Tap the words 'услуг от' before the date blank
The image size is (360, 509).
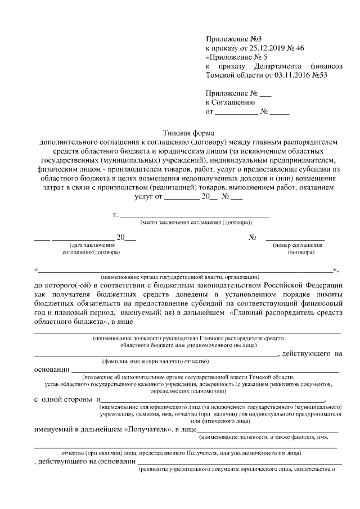148,196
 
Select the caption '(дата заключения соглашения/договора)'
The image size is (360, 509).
92,249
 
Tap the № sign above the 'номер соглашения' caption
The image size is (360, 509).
253,237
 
